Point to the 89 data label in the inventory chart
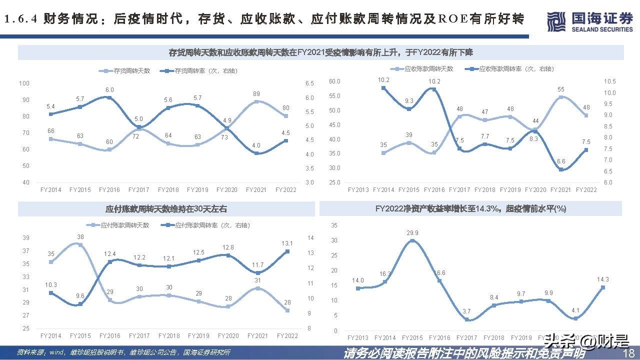tap(256, 93)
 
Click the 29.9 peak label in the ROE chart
tap(412, 233)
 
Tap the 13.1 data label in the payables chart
tap(286, 243)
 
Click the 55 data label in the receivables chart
tap(561, 89)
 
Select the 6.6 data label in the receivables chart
tap(561, 161)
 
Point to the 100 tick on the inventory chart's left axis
tap(24, 83)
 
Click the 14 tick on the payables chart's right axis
tap(310, 237)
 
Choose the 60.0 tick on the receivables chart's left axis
tap(334, 81)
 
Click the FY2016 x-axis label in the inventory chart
tap(109, 190)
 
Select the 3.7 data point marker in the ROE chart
tap(466, 319)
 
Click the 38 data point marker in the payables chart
tap(80, 245)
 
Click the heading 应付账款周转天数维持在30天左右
tap(166, 208)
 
